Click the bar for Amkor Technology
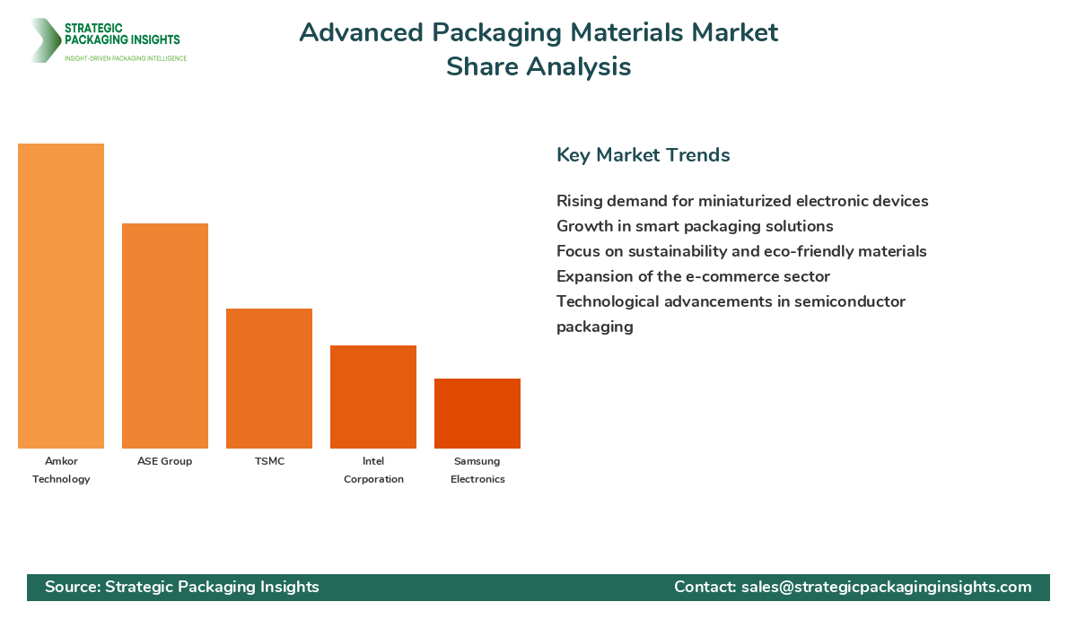[x=61, y=296]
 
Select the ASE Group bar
[x=165, y=336]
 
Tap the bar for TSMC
[x=269, y=379]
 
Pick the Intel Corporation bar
[x=373, y=397]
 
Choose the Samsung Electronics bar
[x=477, y=414]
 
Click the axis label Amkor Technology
[x=61, y=470]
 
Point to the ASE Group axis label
[x=165, y=461]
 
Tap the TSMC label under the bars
[x=269, y=461]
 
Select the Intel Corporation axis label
[x=373, y=470]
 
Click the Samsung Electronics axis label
[x=477, y=470]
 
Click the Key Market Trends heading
[x=643, y=155]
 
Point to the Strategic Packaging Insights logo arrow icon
[x=43, y=40]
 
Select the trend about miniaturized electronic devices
[x=742, y=201]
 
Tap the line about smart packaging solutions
[x=695, y=226]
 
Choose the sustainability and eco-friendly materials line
[x=741, y=251]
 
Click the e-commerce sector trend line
[x=693, y=276]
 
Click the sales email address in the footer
[x=887, y=587]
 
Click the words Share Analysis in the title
[x=538, y=67]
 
